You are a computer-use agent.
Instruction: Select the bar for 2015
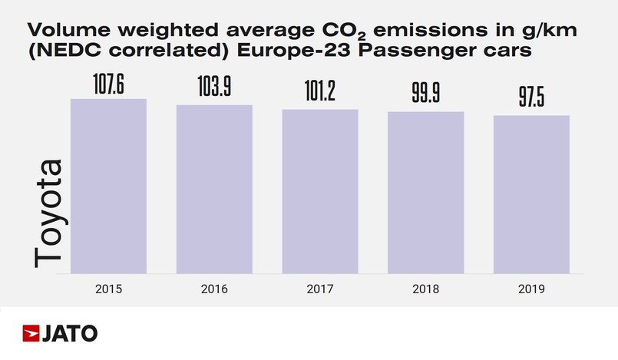(108, 186)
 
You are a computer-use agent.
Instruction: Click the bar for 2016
(214, 189)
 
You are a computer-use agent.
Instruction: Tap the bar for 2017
(320, 191)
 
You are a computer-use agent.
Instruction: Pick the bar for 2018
(425, 193)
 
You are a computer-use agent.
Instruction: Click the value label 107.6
(108, 85)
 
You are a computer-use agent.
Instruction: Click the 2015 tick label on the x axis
(108, 289)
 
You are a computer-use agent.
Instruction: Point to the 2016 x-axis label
(214, 289)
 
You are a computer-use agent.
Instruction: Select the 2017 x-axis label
(320, 289)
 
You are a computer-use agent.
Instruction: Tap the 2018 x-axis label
(425, 289)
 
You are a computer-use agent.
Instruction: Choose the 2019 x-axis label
(531, 289)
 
